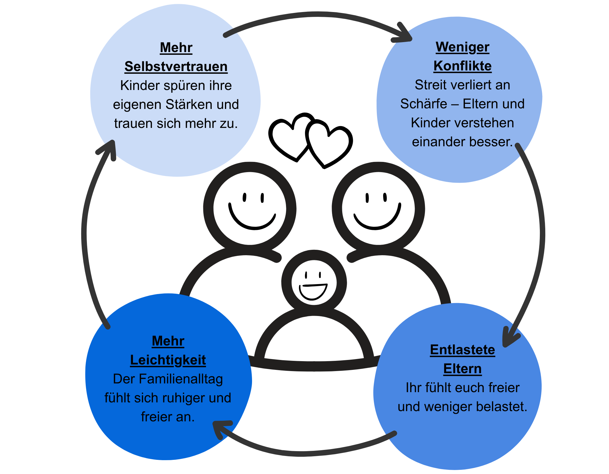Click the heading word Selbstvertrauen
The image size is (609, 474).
(176, 67)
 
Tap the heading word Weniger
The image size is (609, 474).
(463, 47)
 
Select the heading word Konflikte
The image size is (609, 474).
(463, 66)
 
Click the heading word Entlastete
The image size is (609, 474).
(463, 350)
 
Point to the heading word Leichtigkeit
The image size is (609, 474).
(168, 360)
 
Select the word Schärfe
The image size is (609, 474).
(423, 104)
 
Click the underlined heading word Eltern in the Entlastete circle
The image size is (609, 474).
(463, 369)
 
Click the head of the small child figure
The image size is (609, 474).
(314, 282)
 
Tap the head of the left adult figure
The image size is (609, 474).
(250, 208)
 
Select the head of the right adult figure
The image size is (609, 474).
(378, 208)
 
